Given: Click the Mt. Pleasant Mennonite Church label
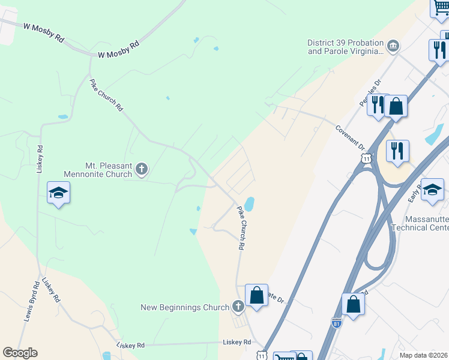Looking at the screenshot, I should coord(99,169).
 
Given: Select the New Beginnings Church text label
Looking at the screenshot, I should coord(185,307).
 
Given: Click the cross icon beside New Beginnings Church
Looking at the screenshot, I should coord(238,307).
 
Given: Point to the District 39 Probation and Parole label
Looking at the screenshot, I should coord(345,47).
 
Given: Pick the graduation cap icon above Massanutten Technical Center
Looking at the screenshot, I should coord(432,190).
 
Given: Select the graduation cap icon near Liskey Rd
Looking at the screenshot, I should coord(59,193).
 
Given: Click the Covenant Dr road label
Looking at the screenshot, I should coord(351,137).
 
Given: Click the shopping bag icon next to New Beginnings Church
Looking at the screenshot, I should coord(256,295).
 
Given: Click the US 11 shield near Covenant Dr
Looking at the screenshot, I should coord(366,157).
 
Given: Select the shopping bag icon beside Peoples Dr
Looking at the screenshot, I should coord(396,106).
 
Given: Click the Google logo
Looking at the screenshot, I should coord(20,353).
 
